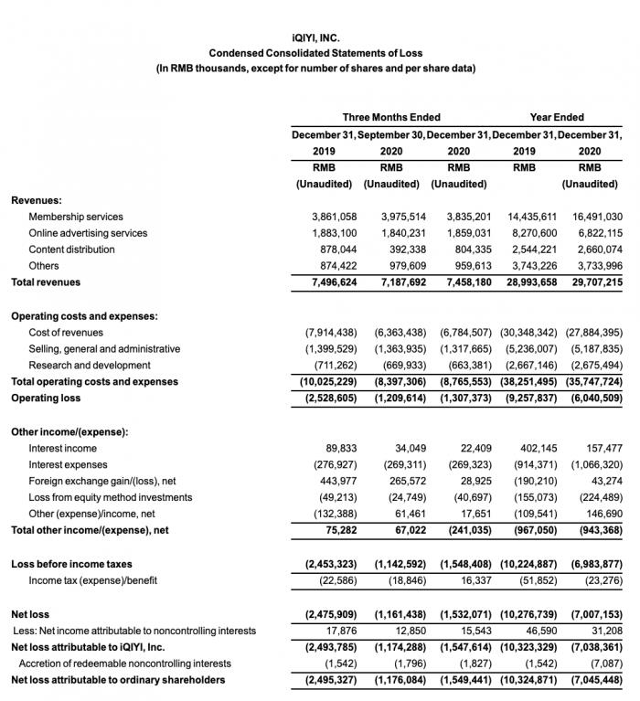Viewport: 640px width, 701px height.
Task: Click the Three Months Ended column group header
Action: [391, 117]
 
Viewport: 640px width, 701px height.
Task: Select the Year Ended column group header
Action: [557, 117]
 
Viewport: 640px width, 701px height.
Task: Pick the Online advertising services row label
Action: [88, 233]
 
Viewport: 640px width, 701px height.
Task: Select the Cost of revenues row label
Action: [66, 333]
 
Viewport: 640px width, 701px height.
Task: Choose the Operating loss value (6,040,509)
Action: [592, 398]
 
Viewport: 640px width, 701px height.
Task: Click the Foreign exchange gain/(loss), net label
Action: [102, 482]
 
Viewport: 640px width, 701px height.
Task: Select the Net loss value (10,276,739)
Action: [524, 614]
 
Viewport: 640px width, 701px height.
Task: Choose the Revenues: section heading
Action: [37, 199]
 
